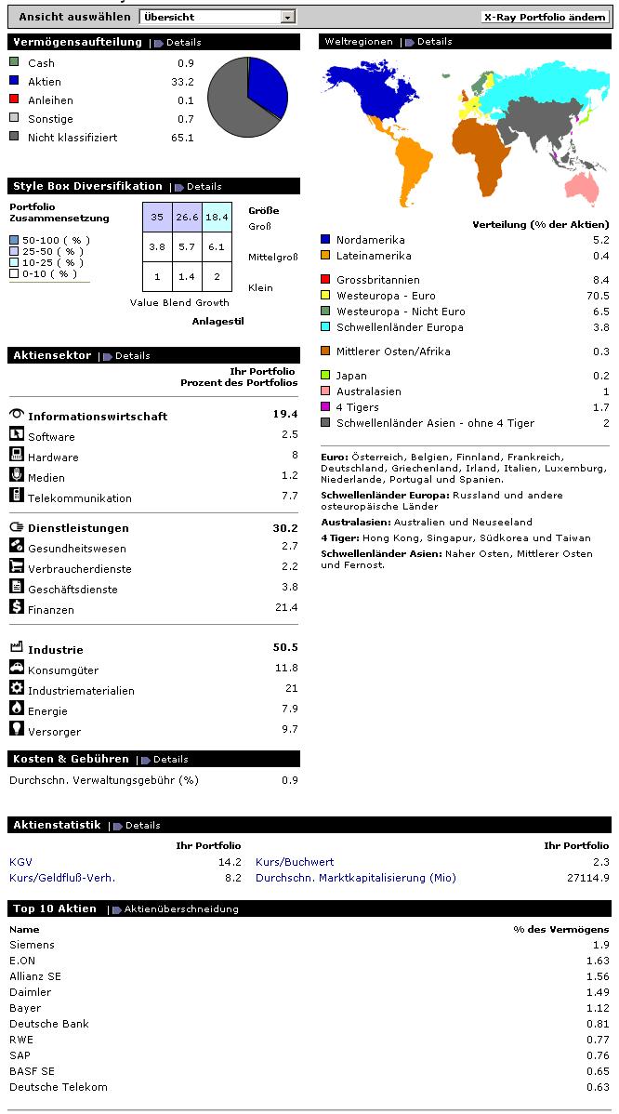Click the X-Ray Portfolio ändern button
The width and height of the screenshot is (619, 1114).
[546, 17]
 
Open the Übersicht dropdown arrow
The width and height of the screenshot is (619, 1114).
[287, 17]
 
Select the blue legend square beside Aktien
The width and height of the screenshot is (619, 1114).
[14, 82]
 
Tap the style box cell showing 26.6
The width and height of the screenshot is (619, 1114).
[187, 217]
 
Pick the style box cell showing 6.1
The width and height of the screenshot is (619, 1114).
[217, 246]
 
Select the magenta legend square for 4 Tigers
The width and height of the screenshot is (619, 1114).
[325, 407]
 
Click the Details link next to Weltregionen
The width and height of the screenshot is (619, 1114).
[434, 42]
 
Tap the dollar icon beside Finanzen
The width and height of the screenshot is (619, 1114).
[16, 607]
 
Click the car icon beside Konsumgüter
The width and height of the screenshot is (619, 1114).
[16, 668]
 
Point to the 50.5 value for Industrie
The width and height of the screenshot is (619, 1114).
[284, 647]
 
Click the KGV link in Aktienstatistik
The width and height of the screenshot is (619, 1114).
[20, 862]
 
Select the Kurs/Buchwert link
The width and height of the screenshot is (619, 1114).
[295, 862]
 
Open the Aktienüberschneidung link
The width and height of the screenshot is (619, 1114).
[181, 909]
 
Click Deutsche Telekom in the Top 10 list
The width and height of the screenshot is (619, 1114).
[59, 1087]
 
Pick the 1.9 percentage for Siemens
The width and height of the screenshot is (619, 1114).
[600, 945]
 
